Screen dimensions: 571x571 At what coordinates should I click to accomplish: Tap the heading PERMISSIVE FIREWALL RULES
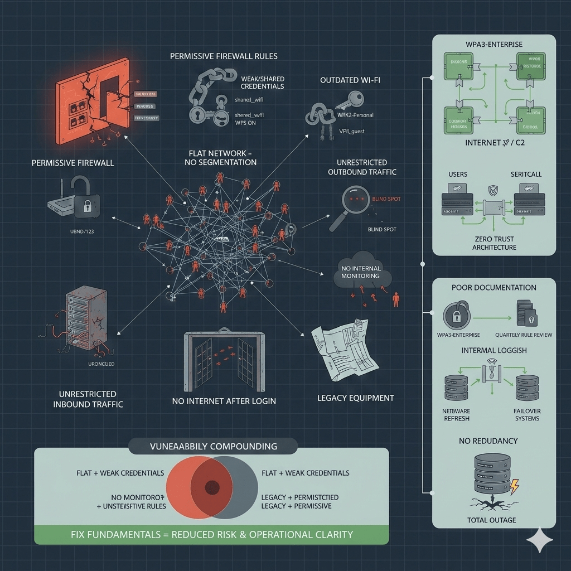(x=224, y=56)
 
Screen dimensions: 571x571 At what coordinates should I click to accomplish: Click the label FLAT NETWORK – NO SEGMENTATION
(x=221, y=157)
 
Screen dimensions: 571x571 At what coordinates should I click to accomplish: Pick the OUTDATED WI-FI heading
(x=351, y=80)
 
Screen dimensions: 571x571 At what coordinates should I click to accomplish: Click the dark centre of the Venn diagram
(x=212, y=487)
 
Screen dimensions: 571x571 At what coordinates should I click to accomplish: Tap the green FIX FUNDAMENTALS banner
(x=212, y=534)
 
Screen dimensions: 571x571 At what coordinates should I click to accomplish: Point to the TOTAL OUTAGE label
(x=491, y=520)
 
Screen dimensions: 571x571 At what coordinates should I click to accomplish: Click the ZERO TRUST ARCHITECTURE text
(x=494, y=243)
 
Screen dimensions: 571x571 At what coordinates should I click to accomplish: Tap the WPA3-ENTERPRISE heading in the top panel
(x=495, y=43)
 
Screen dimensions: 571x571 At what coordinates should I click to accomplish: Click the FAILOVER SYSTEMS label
(x=528, y=414)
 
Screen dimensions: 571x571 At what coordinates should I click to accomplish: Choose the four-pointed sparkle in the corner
(x=540, y=540)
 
